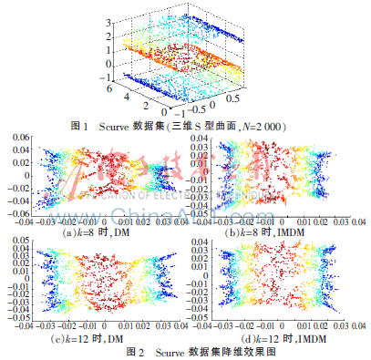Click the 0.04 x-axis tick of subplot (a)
(179, 222)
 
